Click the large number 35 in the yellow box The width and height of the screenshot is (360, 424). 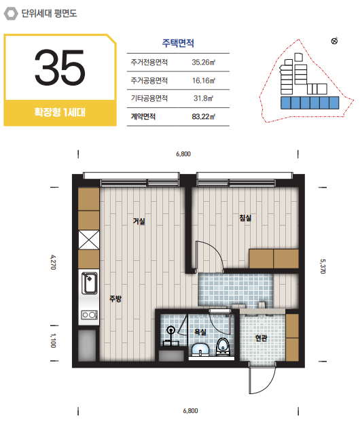(60, 67)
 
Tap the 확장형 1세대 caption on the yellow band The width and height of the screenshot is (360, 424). (60, 112)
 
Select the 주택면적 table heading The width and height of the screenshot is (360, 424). (178, 43)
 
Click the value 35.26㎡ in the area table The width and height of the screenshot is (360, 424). (204, 63)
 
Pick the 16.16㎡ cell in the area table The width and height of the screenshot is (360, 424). (204, 81)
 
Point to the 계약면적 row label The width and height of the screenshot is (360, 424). (143, 117)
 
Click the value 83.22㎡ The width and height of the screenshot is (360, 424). (204, 117)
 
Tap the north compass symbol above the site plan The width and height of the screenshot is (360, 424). (334, 41)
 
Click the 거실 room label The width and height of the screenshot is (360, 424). (139, 222)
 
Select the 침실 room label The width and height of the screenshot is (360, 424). (245, 217)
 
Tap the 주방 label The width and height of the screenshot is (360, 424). (115, 298)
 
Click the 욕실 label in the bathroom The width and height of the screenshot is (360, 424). (200, 332)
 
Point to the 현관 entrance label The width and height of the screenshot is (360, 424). (262, 338)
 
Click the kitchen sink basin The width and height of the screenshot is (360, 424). (90, 283)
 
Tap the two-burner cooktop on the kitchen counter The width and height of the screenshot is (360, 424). (90, 315)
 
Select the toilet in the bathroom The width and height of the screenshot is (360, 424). (223, 347)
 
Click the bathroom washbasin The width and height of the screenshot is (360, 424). (200, 349)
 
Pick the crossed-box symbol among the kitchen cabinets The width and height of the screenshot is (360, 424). (89, 240)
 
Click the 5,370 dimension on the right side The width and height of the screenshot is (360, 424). (323, 266)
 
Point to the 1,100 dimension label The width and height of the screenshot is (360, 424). (53, 340)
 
